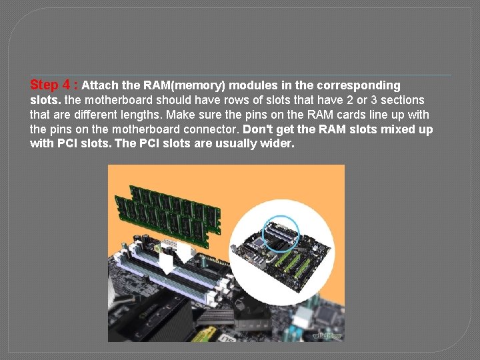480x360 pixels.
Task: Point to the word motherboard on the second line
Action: tap(113, 100)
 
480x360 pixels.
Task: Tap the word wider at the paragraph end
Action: tap(279, 144)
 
